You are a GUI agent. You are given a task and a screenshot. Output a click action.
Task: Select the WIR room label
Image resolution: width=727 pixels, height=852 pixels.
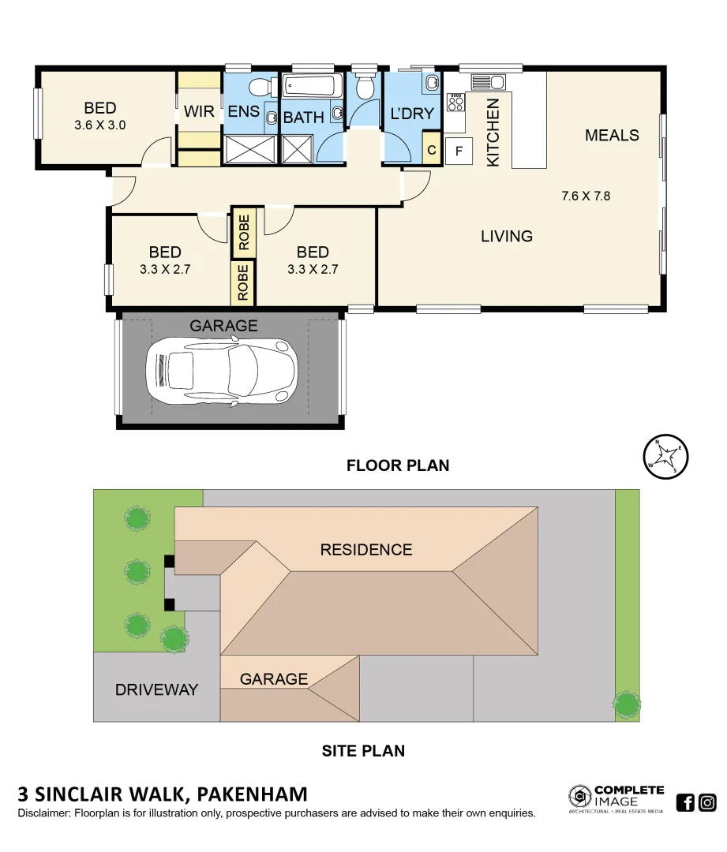(x=199, y=112)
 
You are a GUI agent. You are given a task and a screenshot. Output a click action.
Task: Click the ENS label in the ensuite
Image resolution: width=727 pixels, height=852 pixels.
(x=243, y=112)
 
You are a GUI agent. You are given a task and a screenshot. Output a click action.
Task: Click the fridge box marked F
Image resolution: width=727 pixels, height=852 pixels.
(x=459, y=151)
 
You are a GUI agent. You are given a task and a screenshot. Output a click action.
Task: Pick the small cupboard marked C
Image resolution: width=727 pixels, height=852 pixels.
(x=431, y=150)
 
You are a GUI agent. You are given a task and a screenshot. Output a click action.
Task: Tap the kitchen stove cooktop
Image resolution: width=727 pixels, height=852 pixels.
(x=455, y=101)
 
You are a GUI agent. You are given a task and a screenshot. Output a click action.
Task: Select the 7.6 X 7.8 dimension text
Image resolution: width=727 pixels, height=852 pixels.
(x=586, y=196)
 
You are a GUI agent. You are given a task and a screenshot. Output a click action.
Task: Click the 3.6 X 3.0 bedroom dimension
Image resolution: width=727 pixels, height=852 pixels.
(x=100, y=125)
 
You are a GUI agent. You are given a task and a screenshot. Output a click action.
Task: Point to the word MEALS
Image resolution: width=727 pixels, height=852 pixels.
(x=612, y=136)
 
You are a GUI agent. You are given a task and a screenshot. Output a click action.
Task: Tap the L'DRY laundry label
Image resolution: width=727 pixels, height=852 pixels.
(x=412, y=114)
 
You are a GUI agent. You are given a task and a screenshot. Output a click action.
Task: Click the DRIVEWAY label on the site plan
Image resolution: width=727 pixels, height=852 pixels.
(x=156, y=689)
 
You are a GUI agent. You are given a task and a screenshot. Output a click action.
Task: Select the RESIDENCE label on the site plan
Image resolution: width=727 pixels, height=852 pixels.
(x=365, y=550)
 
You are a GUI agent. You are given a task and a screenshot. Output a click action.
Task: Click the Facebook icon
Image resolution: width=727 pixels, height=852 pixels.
(x=685, y=803)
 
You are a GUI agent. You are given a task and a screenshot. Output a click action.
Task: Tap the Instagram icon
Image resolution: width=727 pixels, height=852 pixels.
(x=707, y=803)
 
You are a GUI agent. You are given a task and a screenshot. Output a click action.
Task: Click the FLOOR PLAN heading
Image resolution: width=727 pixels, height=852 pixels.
(x=398, y=465)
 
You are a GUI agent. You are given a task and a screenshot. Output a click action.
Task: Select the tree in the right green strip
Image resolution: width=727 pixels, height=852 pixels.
(x=627, y=702)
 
